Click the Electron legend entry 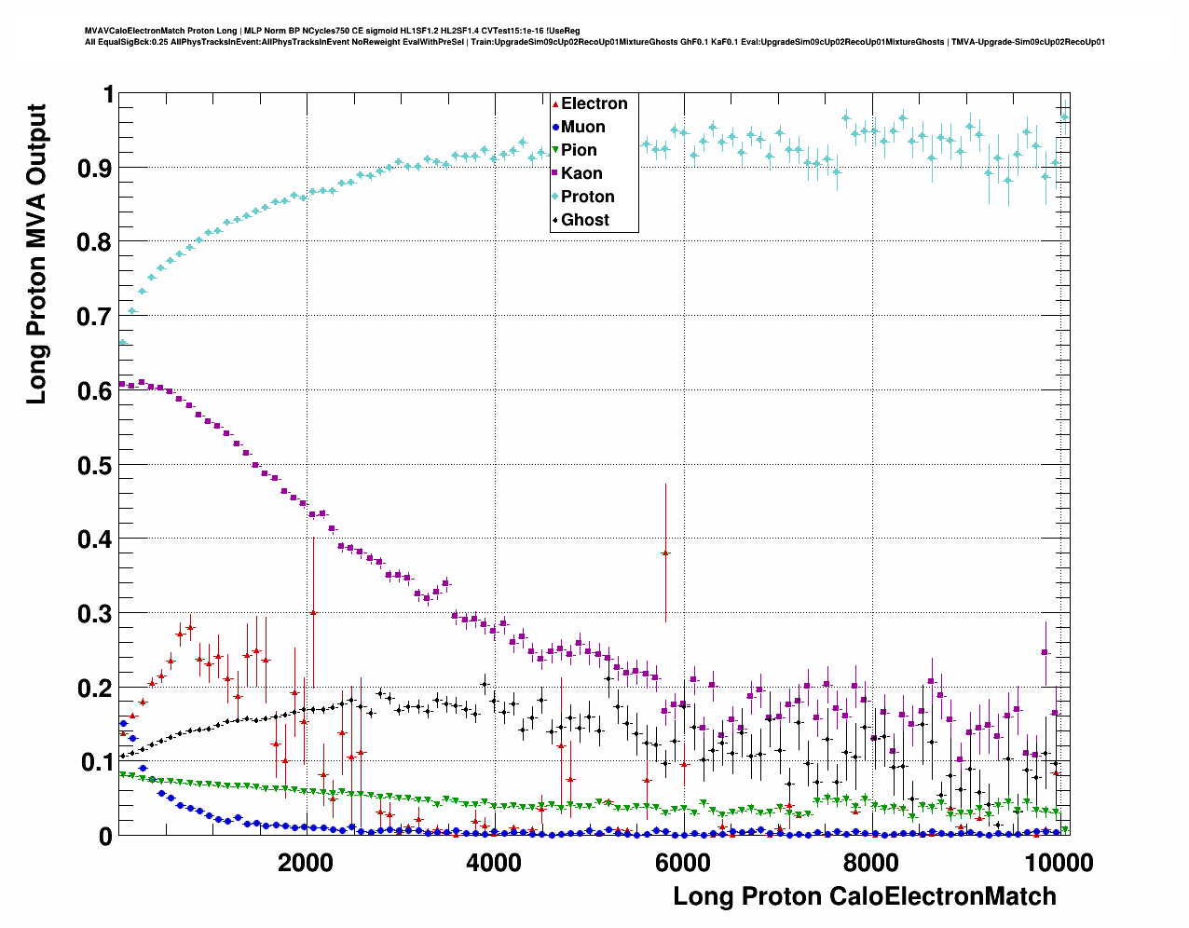tap(594, 103)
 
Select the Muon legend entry tap(582, 127)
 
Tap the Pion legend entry tap(579, 150)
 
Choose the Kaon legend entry tap(581, 173)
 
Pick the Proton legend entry tap(587, 197)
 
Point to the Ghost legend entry tap(584, 220)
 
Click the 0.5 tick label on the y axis tap(93, 465)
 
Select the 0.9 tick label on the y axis tap(93, 168)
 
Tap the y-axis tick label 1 tap(108, 94)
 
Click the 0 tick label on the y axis tap(105, 837)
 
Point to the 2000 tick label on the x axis tap(305, 862)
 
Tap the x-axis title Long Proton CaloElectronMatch tap(865, 896)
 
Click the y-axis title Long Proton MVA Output tap(36, 253)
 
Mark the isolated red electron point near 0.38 tap(665, 553)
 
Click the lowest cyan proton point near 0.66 tap(122, 342)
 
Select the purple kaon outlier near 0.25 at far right tap(1045, 651)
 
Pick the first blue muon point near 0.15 tap(123, 723)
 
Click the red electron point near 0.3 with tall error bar tap(313, 612)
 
